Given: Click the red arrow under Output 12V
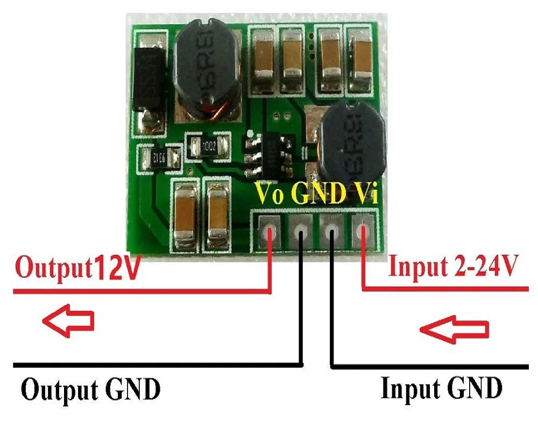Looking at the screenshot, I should pyautogui.click(x=68, y=321).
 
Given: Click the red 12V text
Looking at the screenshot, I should pyautogui.click(x=117, y=269).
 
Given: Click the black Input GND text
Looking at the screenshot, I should pyautogui.click(x=441, y=388).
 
